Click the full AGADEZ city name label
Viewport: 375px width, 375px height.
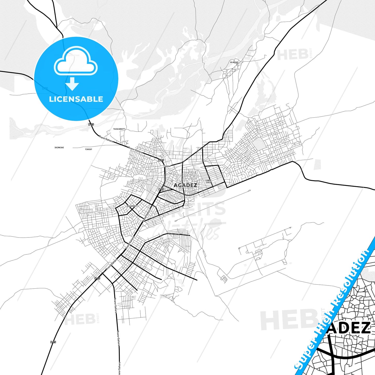coord(185,185)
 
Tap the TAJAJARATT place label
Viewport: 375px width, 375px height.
coord(119,129)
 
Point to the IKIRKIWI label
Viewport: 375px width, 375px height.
coord(59,148)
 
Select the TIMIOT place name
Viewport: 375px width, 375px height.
coord(88,149)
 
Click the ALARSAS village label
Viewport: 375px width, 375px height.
coord(234,62)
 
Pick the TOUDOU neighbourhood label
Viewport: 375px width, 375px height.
coord(167,166)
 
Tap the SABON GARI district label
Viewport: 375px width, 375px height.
coord(208,181)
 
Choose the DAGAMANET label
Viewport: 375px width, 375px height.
coord(132,206)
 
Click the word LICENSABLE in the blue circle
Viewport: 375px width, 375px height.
coord(76,99)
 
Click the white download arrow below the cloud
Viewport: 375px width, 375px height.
coord(72,84)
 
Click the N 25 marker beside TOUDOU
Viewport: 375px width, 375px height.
coord(161,160)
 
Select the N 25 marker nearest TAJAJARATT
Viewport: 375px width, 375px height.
coord(91,125)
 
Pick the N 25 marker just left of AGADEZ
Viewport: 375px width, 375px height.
coord(161,189)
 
